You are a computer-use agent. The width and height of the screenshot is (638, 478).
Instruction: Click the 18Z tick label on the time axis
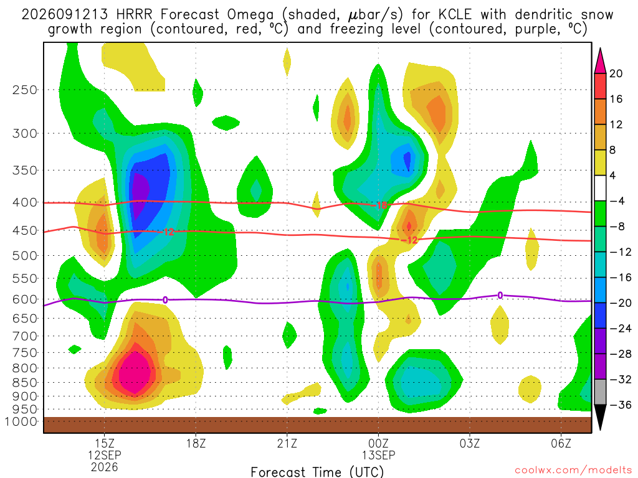(x=196, y=443)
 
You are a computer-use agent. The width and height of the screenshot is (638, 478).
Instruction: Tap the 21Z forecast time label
(x=287, y=443)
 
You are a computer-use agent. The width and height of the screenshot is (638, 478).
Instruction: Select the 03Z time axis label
(x=470, y=443)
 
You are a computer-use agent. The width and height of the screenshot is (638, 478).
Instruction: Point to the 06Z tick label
(x=561, y=443)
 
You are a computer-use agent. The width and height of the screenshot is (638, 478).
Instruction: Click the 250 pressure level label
(x=25, y=90)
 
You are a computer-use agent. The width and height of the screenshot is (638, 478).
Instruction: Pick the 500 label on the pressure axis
(x=25, y=256)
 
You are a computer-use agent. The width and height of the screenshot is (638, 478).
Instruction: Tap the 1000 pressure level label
(x=21, y=421)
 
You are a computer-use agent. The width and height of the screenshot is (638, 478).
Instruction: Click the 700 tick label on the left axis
(x=25, y=336)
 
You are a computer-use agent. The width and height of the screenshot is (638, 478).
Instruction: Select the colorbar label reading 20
(x=616, y=73)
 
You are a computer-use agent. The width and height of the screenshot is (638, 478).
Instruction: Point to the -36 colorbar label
(x=620, y=405)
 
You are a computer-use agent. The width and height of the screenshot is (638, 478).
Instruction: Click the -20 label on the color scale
(x=620, y=303)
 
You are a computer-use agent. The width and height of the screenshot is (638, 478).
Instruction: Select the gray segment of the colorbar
(x=600, y=392)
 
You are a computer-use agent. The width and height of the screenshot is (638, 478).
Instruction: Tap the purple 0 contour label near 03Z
(x=500, y=296)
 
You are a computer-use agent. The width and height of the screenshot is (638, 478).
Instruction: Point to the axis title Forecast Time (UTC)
(x=317, y=472)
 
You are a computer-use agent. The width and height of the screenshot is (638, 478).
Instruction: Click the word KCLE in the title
(x=455, y=15)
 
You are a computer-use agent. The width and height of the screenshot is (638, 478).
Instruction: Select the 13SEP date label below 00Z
(x=378, y=455)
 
